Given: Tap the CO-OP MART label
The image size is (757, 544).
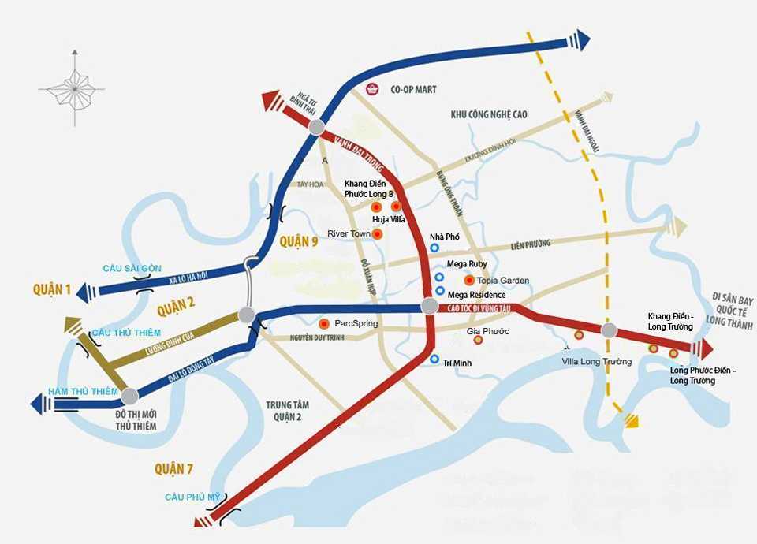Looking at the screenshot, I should pos(412,90).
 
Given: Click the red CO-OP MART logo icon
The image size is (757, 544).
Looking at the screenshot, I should pos(373,89).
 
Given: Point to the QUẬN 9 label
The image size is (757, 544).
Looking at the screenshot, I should pos(297,241).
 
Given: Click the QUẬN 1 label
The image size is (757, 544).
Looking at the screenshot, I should pos(52,290).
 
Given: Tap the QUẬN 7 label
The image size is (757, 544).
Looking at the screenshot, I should pos(173,470).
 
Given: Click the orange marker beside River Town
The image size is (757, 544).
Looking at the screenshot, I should pos(378,234).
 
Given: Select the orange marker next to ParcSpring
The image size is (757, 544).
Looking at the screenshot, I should pos(324,324).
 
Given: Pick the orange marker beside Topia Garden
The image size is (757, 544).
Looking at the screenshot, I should pos(469,280).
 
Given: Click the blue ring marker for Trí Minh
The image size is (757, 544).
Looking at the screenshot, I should pos(434,360).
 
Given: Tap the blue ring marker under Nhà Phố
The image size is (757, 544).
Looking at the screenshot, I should pos(434,248).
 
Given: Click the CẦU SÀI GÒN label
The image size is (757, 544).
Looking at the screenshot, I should pos(132,269).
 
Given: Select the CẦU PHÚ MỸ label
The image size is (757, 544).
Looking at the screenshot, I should pos(192,497).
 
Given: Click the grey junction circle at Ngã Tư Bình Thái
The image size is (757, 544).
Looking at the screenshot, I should pos(317,128).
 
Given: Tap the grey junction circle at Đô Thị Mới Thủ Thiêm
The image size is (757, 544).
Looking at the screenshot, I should pos(129,397).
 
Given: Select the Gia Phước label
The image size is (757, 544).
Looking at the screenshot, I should pos(488,331).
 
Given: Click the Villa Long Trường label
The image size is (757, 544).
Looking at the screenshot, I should pos(596,362).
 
